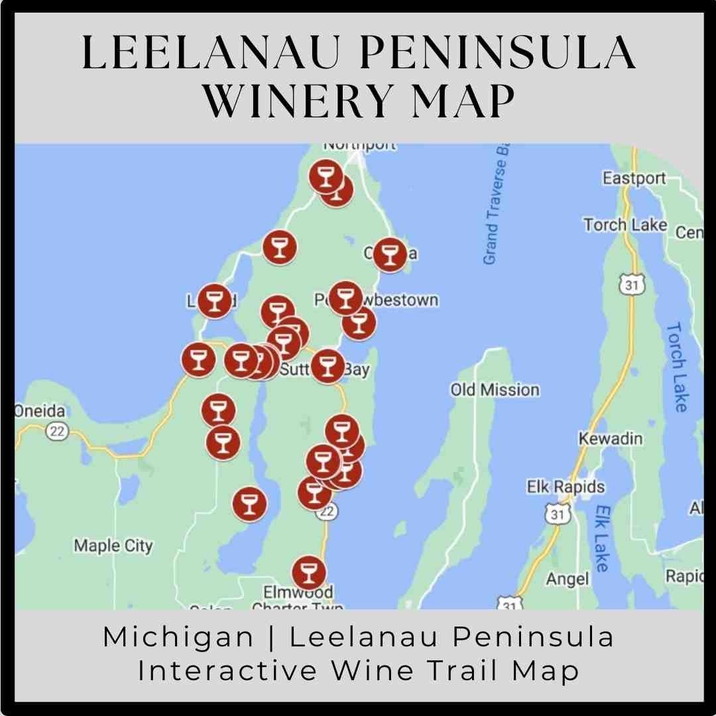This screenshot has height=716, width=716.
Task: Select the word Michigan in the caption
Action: [x=178, y=638]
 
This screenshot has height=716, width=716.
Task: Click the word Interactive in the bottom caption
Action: [x=229, y=670]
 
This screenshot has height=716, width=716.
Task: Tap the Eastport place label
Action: [x=634, y=178]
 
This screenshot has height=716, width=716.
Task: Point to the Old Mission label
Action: [x=495, y=390]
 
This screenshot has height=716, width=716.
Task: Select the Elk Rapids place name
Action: [x=566, y=487]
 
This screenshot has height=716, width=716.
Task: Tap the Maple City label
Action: [x=113, y=546]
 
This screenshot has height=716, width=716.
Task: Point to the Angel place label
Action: [x=567, y=579]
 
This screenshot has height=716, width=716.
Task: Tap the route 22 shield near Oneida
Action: [x=58, y=432]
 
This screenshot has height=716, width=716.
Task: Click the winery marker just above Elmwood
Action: [x=309, y=571]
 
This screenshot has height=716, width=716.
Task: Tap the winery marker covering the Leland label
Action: [x=214, y=300]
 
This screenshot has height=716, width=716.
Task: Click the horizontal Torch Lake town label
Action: [x=625, y=225]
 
